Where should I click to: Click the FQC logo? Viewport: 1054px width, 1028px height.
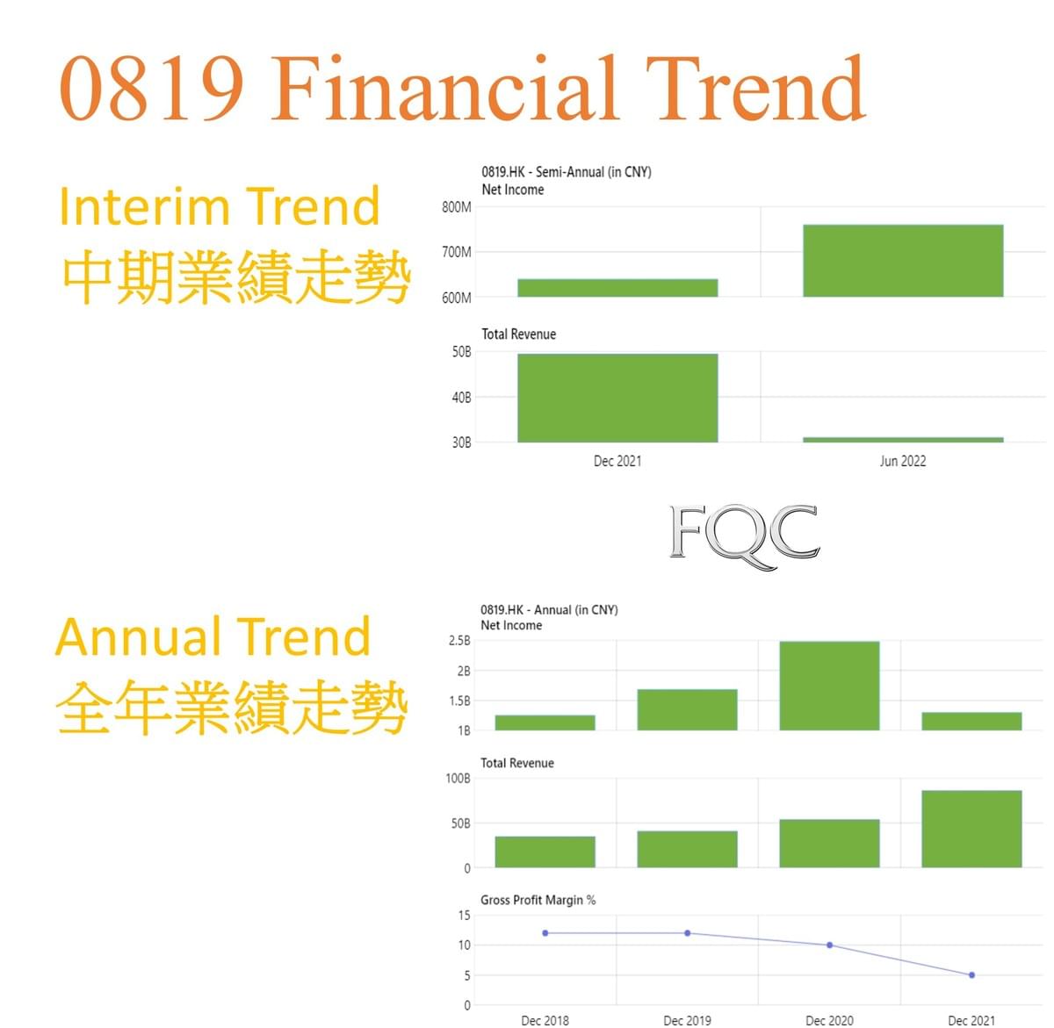744,536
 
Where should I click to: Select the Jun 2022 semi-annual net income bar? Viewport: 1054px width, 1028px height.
903,261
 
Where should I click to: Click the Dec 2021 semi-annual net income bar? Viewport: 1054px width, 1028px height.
617,287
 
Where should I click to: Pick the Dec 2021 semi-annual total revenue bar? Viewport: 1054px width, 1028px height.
617,398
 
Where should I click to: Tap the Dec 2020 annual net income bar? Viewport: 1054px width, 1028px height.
829,686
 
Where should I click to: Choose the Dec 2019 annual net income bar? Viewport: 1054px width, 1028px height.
687,709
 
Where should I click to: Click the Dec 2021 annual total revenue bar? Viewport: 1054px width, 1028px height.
971,829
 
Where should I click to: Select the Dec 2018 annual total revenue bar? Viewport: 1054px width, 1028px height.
545,852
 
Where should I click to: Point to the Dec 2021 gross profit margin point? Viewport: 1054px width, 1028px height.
971,975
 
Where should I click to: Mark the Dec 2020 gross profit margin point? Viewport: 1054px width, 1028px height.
829,945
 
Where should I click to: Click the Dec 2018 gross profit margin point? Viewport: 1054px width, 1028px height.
545,933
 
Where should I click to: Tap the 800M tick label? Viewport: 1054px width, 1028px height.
456,207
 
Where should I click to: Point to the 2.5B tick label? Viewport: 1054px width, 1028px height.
459,641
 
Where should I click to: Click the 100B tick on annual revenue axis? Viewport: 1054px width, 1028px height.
458,779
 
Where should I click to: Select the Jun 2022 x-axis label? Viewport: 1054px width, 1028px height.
902,461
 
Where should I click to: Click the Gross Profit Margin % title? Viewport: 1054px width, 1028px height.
538,900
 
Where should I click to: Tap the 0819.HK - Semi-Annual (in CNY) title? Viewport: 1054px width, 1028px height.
566,172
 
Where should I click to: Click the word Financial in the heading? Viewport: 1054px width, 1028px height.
445,88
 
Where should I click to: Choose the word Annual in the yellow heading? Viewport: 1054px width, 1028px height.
139,637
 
